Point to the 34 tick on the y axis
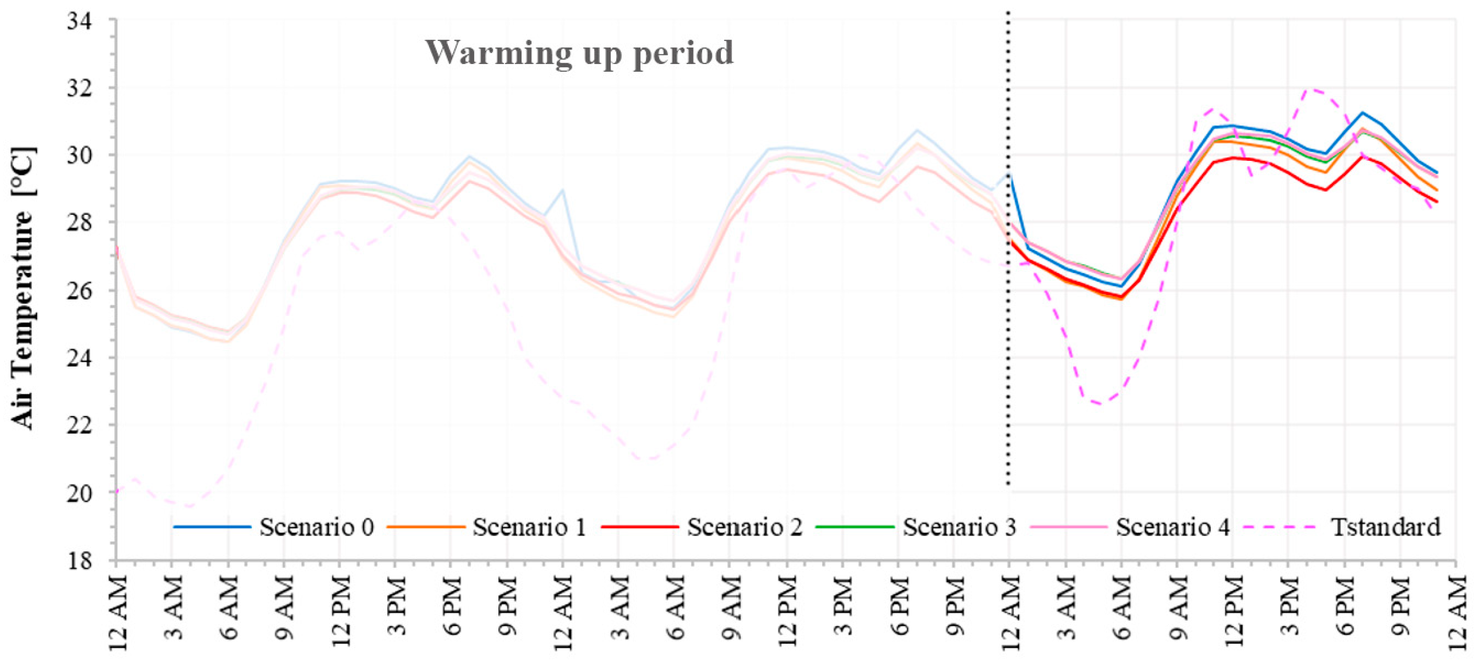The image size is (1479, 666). click(x=80, y=21)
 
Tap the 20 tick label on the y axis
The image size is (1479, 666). click(x=80, y=493)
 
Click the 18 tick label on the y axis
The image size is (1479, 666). click(x=80, y=561)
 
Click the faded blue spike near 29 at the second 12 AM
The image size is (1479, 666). click(x=563, y=190)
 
